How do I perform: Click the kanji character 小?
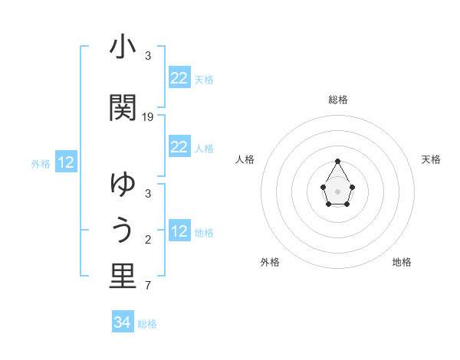[x=123, y=48]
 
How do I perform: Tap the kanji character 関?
[x=123, y=107]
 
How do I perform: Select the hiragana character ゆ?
[x=123, y=185]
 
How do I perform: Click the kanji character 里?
[x=123, y=277]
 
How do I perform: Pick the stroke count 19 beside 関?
[x=148, y=117]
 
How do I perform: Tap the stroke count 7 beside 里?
[x=148, y=286]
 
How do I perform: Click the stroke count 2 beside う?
[x=148, y=241]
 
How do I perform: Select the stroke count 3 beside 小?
[x=148, y=56]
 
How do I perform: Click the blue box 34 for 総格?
[x=122, y=322]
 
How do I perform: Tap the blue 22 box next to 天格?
[x=179, y=78]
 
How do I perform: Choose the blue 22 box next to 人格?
[x=179, y=147]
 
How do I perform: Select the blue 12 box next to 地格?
[x=179, y=231]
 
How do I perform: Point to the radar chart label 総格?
[x=338, y=100]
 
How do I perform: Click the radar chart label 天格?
[x=432, y=159]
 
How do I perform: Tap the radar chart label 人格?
[x=245, y=159]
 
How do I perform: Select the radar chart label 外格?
[x=270, y=263]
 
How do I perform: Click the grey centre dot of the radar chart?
[x=337, y=191]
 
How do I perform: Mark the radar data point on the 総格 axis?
[x=337, y=161]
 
